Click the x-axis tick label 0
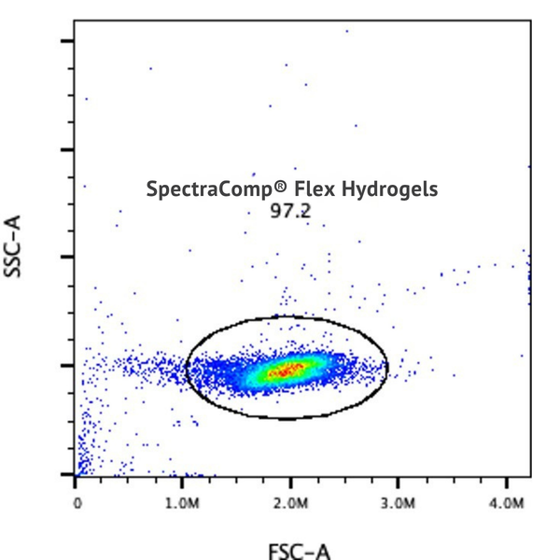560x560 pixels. click(x=77, y=503)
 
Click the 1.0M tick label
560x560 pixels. click(x=184, y=503)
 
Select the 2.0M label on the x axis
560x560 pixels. click(x=291, y=503)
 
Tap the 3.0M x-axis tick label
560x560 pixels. click(x=399, y=503)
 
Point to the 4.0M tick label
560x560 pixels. click(x=506, y=503)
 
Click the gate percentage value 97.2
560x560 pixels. click(x=290, y=212)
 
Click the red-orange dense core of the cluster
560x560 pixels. click(x=286, y=371)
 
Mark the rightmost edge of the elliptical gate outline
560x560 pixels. click(x=387, y=366)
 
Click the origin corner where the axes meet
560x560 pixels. click(x=75, y=475)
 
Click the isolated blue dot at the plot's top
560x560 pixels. click(x=346, y=31)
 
